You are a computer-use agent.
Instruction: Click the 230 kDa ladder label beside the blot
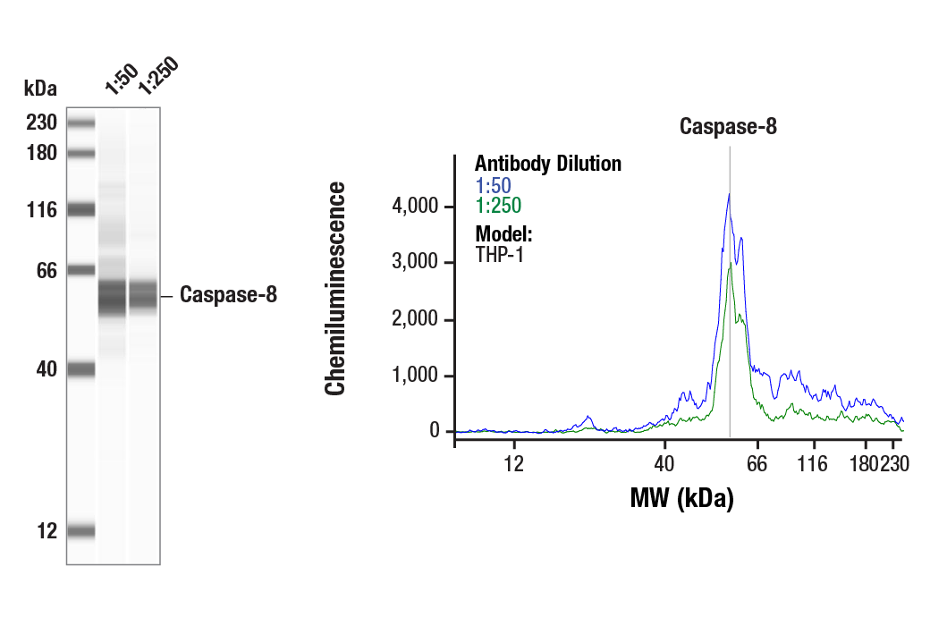[x=41, y=123]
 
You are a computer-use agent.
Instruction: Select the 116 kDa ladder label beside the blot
[x=41, y=210]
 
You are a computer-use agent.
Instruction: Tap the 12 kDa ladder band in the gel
[x=80, y=531]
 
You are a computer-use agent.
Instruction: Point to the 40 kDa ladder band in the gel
[x=80, y=368]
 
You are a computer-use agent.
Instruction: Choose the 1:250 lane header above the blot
[x=158, y=78]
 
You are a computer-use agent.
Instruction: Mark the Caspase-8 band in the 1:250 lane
[x=143, y=295]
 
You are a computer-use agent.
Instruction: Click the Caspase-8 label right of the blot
[x=228, y=295]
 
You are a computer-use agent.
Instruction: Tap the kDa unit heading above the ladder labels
[x=40, y=89]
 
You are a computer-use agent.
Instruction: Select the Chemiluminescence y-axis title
[x=334, y=288]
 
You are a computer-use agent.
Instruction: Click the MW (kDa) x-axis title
[x=681, y=498]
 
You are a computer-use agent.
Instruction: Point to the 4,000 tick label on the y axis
[x=417, y=207]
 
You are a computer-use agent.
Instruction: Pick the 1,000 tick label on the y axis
[x=417, y=376]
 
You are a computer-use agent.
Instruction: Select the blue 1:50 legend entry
[x=493, y=186]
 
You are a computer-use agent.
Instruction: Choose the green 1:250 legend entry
[x=497, y=207]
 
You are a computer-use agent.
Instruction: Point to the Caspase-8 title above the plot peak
[x=728, y=126]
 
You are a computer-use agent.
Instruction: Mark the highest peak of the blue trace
[x=730, y=194]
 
